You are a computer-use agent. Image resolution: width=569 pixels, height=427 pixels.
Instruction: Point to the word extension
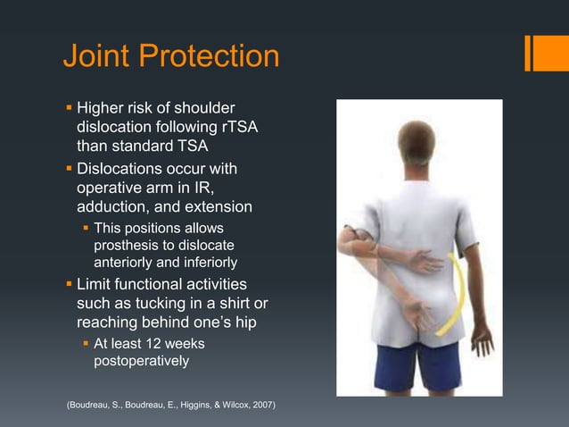pyautogui.click(x=219, y=207)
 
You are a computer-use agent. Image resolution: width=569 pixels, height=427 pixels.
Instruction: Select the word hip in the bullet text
pyautogui.click(x=257, y=323)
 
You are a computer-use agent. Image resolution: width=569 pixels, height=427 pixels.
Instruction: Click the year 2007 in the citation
pyautogui.click(x=260, y=406)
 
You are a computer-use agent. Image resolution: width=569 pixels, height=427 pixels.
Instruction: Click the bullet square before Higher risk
pyautogui.click(x=69, y=109)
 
